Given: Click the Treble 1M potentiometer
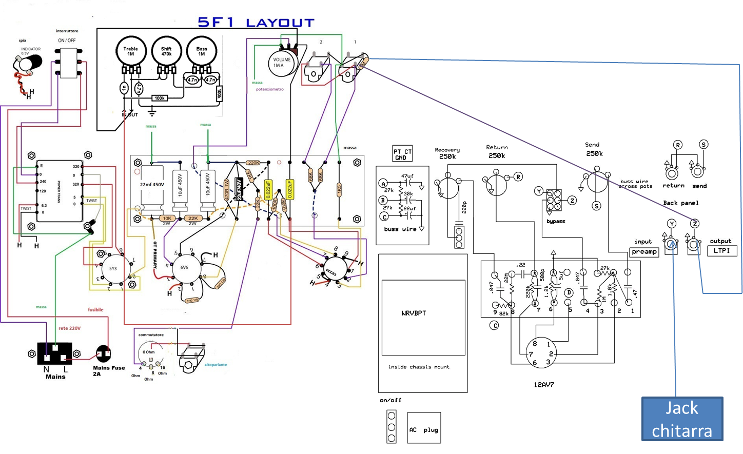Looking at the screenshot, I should (131, 51).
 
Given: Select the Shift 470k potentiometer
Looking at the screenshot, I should (166, 51).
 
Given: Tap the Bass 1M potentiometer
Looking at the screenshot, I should (202, 51).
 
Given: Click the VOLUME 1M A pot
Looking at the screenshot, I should (282, 63).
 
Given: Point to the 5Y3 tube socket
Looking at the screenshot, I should (113, 268).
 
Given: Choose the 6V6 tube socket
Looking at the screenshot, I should (184, 267).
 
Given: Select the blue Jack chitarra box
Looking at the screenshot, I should (682, 419).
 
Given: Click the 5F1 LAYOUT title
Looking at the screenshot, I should (256, 22).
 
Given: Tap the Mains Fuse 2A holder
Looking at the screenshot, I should (104, 353).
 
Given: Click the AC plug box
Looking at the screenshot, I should (423, 428).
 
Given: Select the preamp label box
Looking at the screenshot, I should (644, 252).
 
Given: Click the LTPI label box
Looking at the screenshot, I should (721, 250).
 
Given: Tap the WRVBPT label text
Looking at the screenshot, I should (414, 313).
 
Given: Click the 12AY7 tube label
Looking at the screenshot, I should (544, 384).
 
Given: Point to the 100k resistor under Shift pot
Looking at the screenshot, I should (160, 98).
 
